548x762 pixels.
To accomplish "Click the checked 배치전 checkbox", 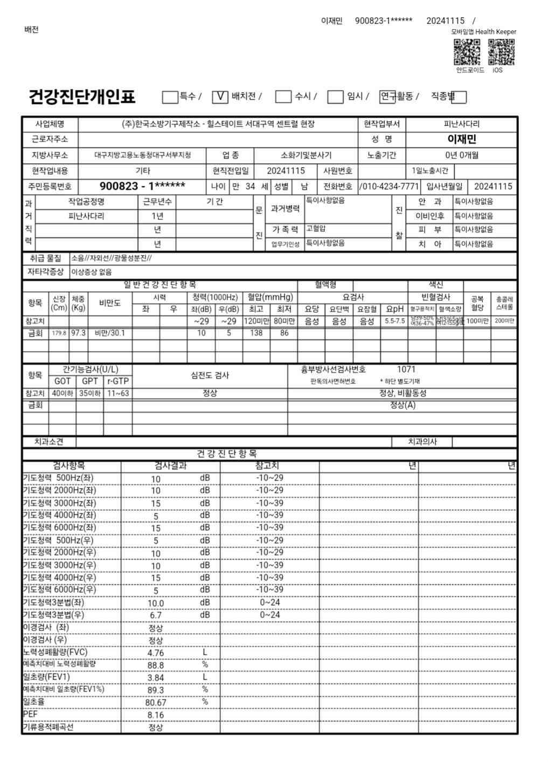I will tap(220, 97).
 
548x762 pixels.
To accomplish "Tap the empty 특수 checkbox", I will tap(170, 97).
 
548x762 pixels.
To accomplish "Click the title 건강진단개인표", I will tap(82, 97).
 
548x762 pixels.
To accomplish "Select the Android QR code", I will tap(467, 52).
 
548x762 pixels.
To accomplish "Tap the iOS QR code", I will tap(501, 52).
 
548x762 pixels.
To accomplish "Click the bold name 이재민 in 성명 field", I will tap(462, 139).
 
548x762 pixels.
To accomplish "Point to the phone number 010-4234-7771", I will tap(390, 186).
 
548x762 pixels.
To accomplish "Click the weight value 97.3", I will tap(78, 333).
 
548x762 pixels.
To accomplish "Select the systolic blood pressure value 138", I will tap(256, 333).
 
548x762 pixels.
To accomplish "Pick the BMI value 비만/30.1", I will tap(109, 333).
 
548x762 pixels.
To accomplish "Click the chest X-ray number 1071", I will tap(406, 369).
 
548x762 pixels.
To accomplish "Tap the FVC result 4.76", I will tap(156, 653).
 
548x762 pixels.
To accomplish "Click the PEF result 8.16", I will tap(156, 715).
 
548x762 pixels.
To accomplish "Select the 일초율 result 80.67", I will tap(156, 703).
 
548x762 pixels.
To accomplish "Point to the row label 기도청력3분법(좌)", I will tap(53, 602).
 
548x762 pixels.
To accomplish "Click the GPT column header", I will tap(90, 381).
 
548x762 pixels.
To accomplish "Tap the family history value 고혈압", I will tap(316, 229).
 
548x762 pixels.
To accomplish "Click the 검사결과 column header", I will tap(170, 465).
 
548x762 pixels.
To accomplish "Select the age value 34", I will tap(250, 186).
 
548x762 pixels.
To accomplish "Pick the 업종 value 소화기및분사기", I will tap(306, 155).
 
